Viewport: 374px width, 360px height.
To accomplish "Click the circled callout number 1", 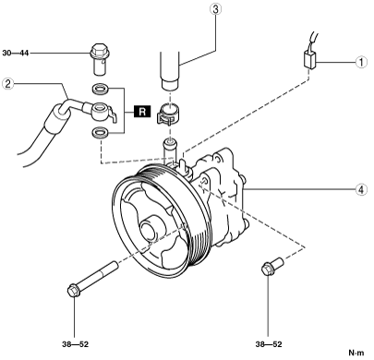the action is (x=361, y=62).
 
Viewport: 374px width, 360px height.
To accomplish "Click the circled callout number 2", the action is (x=7, y=83).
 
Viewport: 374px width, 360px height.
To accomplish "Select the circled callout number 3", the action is (x=215, y=9).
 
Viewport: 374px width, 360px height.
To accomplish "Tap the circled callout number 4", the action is (x=361, y=189).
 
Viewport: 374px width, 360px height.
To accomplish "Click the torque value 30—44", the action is (x=16, y=54).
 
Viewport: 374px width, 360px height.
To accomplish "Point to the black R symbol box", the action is (x=142, y=111).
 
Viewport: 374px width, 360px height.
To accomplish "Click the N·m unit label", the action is (x=356, y=353).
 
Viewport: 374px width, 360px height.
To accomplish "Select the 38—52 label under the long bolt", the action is (x=75, y=344).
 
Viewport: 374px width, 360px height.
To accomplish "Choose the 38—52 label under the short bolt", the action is (x=269, y=344).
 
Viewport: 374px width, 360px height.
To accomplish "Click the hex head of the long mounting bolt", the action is (x=73, y=291).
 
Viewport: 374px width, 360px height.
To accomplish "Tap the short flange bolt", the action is (x=272, y=267).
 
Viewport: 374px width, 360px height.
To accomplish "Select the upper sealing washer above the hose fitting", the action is (x=101, y=90).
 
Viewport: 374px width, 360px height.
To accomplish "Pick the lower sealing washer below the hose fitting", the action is (x=101, y=133).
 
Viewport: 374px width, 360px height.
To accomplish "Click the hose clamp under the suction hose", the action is (x=168, y=114).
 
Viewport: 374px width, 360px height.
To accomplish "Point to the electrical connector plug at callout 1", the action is (x=310, y=59).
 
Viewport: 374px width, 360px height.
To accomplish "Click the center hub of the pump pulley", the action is (x=150, y=229).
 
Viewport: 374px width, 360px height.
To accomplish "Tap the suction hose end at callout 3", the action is (x=170, y=71).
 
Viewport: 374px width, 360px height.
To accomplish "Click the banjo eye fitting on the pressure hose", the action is (x=103, y=112).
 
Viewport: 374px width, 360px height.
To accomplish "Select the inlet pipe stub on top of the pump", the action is (x=170, y=150).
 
